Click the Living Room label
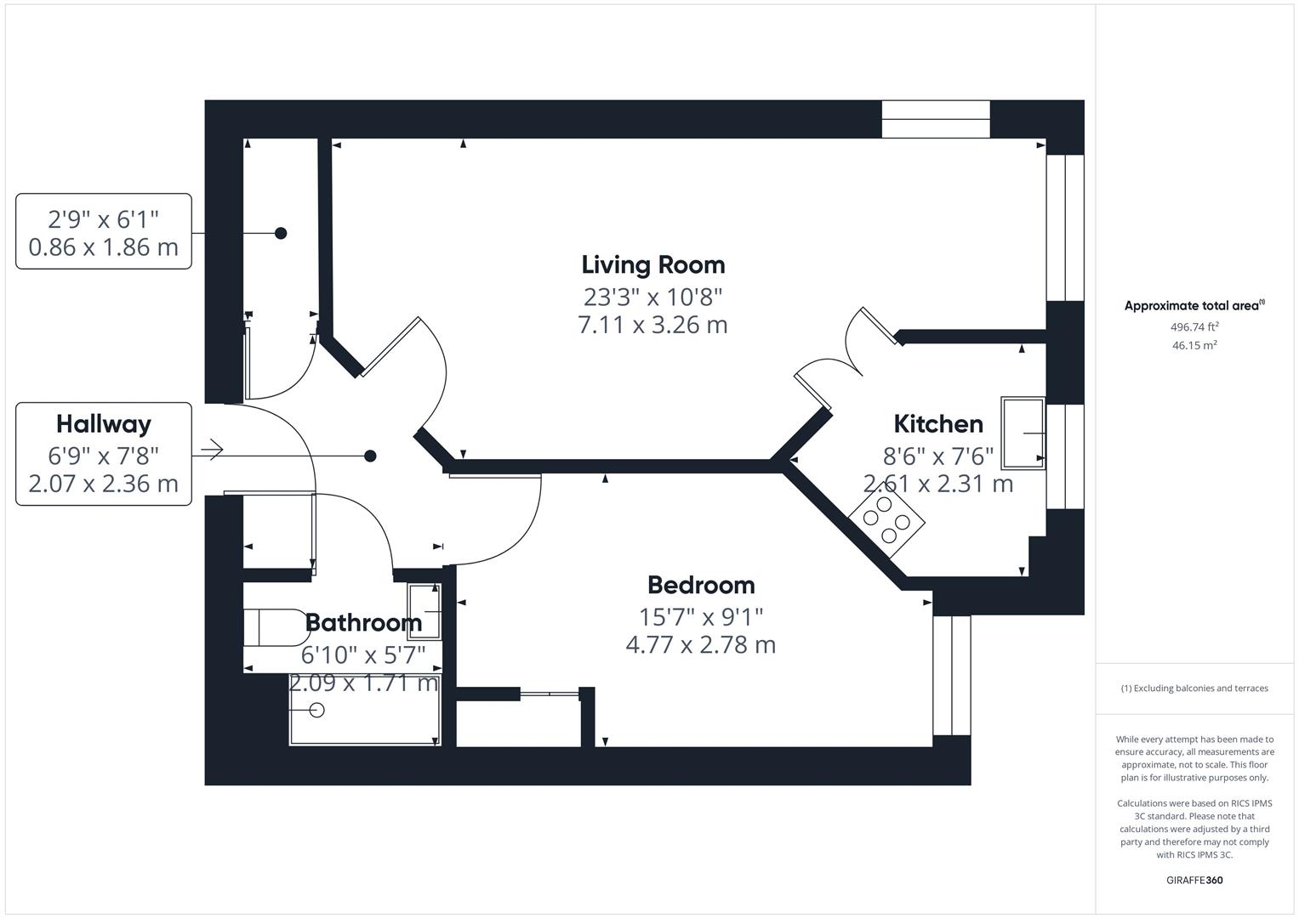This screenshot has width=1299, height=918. coord(652,264)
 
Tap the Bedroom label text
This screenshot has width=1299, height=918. coord(700,585)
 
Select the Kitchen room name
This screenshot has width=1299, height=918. coord(937,423)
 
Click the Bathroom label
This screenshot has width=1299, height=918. coord(363,622)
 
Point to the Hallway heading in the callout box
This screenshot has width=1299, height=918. coord(104,423)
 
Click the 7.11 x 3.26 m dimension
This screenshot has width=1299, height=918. coord(652,325)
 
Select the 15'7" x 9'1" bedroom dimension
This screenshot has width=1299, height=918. coord(700,615)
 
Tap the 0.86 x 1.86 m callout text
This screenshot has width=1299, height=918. coord(104,247)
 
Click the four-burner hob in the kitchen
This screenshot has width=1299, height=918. coord(886,518)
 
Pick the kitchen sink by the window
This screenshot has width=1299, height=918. coord(1023,433)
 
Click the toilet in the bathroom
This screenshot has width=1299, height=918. coord(274,628)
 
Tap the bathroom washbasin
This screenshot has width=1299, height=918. coord(424,611)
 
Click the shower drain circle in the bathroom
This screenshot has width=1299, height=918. coord(318,710)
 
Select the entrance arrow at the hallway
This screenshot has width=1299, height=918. coord(211,450)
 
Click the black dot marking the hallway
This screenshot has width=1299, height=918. coord(370,456)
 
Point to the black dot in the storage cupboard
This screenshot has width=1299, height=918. coord(281,233)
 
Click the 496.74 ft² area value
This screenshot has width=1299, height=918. coord(1194,326)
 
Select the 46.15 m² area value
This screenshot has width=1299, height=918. coord(1194,345)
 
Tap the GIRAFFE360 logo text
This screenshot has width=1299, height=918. coord(1194,880)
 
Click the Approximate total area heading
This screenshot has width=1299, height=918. coord(1194,306)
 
